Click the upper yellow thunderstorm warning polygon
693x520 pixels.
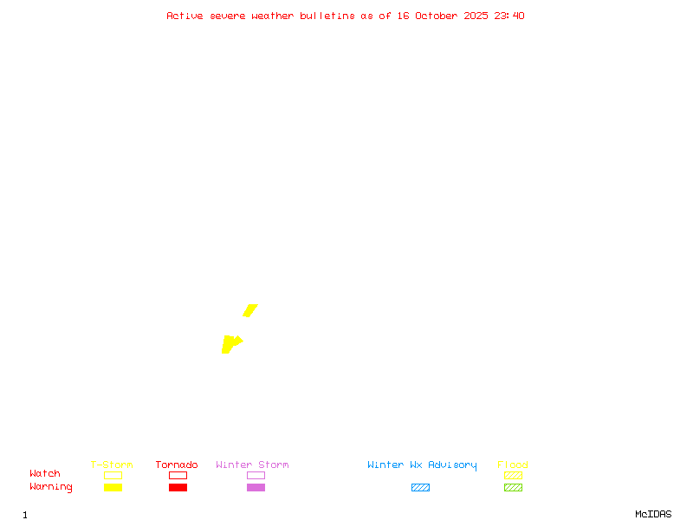click(250, 310)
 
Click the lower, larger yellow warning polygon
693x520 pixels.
click(229, 344)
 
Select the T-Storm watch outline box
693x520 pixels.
click(113, 475)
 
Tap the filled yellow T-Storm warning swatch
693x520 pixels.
click(113, 487)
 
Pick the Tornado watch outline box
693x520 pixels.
click(178, 475)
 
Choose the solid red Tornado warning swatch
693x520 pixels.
click(178, 487)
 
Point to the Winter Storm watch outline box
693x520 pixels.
click(256, 475)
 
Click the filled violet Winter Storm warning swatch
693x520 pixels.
click(256, 487)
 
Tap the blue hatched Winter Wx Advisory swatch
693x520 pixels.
click(420, 487)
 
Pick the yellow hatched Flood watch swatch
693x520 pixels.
click(513, 475)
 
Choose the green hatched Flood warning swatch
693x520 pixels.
click(513, 487)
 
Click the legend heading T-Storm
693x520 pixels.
click(112, 465)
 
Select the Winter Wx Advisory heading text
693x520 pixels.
click(422, 465)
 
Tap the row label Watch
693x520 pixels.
click(45, 474)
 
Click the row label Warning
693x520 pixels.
click(51, 487)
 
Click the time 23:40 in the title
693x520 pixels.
click(509, 16)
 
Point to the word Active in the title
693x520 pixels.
click(185, 16)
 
